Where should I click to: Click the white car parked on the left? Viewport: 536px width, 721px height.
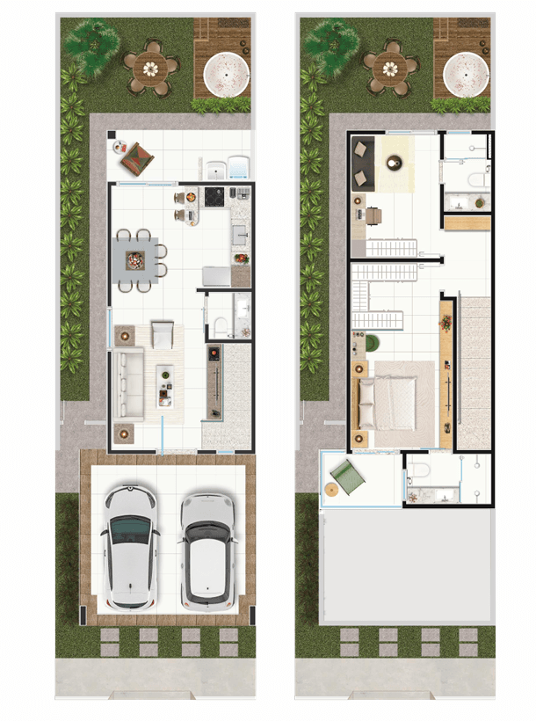tap(130, 546)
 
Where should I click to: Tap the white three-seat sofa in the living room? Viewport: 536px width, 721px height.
tap(130, 383)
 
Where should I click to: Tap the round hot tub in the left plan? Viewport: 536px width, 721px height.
tap(226, 74)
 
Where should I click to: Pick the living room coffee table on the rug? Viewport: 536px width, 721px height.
tap(164, 384)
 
